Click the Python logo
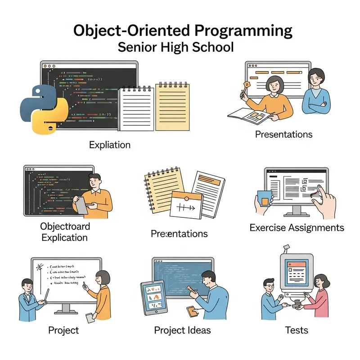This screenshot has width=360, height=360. click(43, 108)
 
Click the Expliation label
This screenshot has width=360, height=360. click(110, 145)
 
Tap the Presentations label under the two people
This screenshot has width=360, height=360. click(283, 134)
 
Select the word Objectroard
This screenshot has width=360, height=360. click(65, 226)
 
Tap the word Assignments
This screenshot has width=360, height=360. click(317, 228)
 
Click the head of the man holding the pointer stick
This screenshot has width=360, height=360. click(27, 286)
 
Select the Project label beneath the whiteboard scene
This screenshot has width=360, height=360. click(63, 330)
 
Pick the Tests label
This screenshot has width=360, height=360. click(297, 330)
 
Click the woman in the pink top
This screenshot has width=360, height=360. click(321, 297)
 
